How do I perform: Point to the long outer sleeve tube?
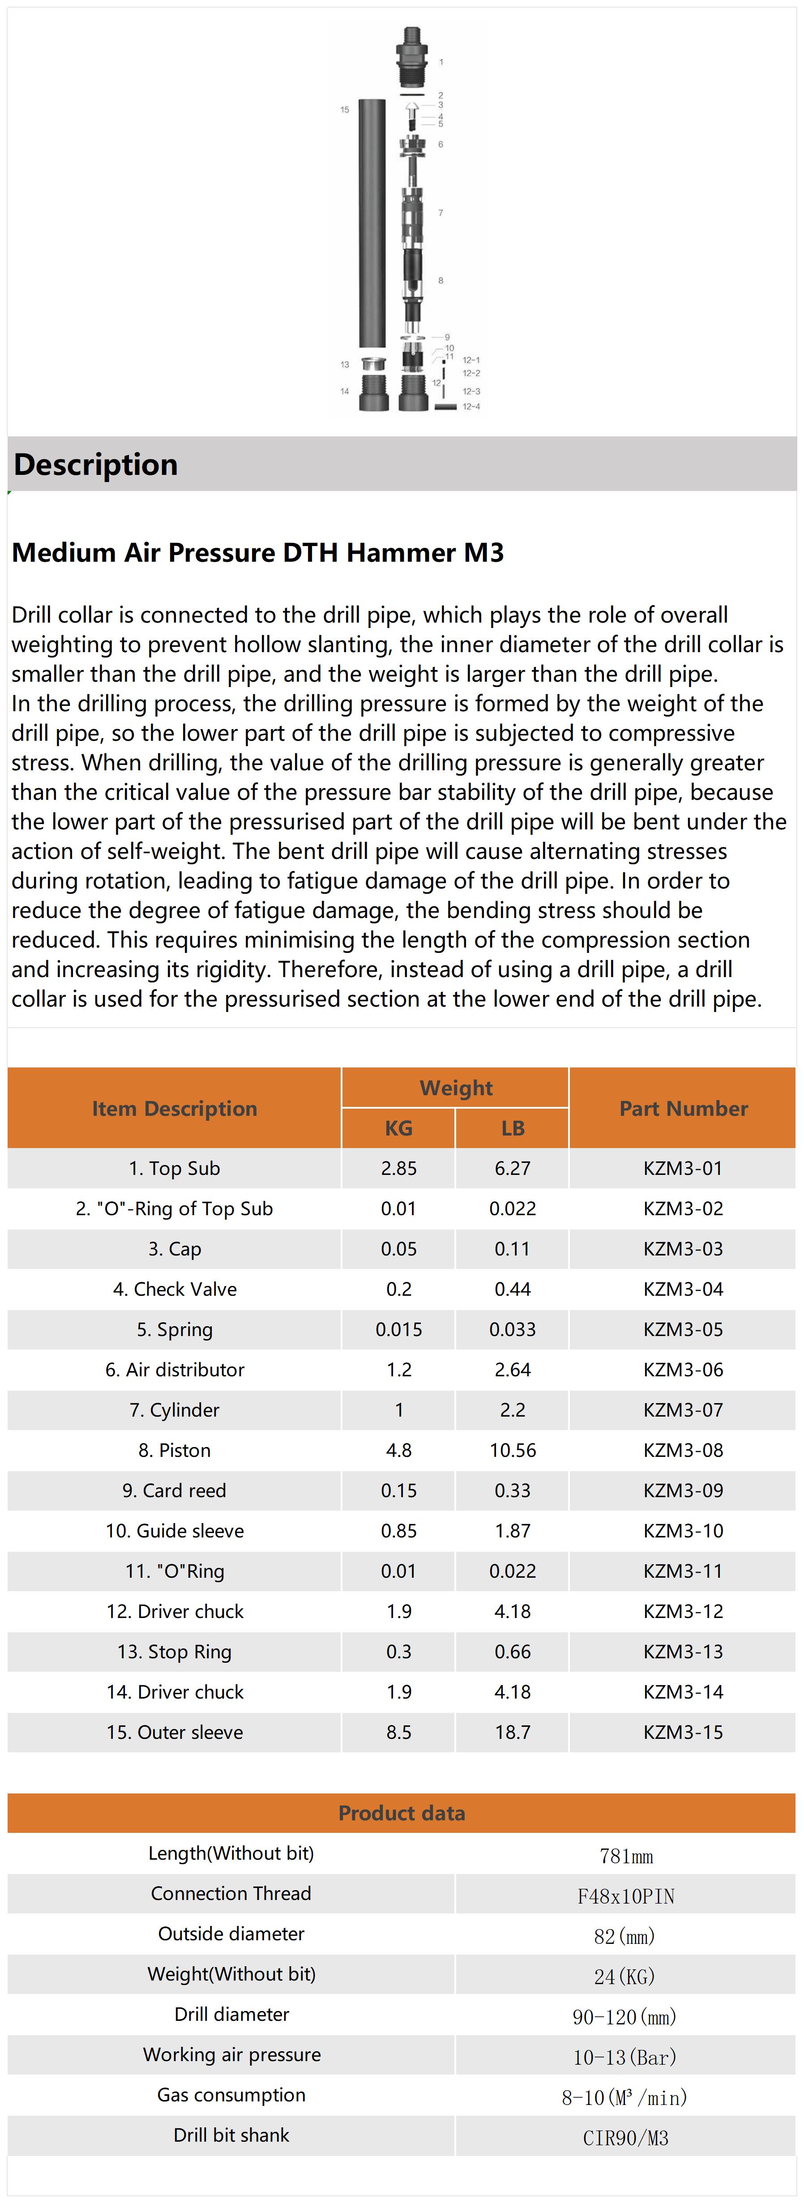click(x=373, y=222)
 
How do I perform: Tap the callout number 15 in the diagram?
click(x=345, y=110)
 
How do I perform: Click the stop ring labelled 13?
click(x=372, y=363)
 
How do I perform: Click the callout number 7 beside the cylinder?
click(x=440, y=212)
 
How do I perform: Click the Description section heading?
click(x=96, y=465)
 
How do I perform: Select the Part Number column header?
click(x=683, y=1108)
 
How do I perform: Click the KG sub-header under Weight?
click(x=398, y=1128)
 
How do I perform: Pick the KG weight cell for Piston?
click(x=398, y=1451)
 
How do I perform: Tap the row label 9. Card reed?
click(x=175, y=1490)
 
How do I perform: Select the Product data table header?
click(x=401, y=1813)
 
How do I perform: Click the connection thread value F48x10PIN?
click(x=625, y=1897)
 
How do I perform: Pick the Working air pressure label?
click(x=232, y=2054)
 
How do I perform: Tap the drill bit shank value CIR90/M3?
click(x=625, y=2138)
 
